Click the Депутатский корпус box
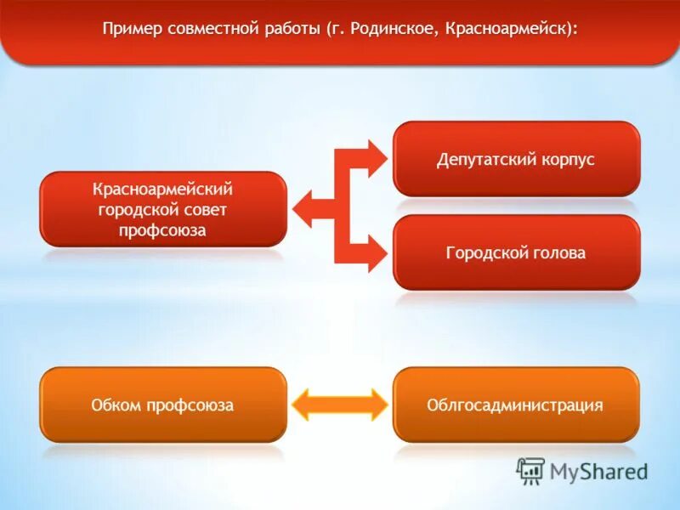[x=516, y=159]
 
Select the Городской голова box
[x=516, y=252]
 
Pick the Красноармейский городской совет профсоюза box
[x=162, y=208]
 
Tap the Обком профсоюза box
[x=162, y=405]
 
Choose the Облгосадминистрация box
[x=516, y=405]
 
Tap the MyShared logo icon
[x=531, y=471]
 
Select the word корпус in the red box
[x=567, y=159]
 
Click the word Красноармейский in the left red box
[x=162, y=187]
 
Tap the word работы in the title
[x=286, y=29]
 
